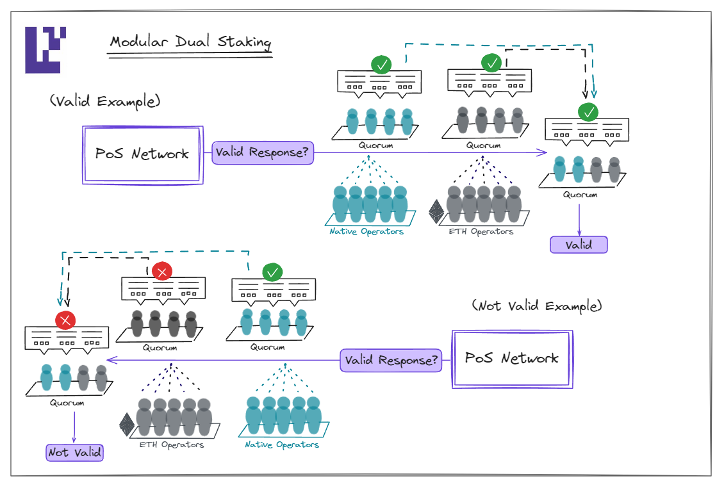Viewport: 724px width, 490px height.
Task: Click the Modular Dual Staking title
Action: (190, 43)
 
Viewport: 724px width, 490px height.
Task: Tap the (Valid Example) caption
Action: (104, 101)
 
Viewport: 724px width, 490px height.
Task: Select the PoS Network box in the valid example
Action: (142, 154)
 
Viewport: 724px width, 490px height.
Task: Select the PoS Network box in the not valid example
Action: (512, 359)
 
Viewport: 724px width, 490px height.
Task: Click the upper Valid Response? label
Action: (263, 153)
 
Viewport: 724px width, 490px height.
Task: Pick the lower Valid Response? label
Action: (391, 360)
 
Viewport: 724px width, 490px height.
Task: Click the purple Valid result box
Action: (579, 245)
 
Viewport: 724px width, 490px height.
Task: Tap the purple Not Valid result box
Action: (74, 452)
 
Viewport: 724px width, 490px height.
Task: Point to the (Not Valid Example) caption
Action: (537, 306)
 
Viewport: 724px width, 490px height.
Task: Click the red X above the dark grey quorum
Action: (162, 272)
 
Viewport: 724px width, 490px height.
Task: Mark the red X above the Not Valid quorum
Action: (65, 320)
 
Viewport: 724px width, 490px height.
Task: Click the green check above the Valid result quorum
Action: (588, 113)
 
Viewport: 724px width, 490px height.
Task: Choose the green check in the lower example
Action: (272, 272)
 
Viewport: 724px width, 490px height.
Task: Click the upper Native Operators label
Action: (366, 231)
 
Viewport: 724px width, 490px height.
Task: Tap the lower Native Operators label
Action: (282, 445)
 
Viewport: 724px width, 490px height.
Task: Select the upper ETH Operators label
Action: (481, 231)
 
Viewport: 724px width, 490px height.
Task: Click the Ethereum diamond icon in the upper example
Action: (437, 212)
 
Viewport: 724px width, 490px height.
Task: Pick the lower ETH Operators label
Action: (172, 445)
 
